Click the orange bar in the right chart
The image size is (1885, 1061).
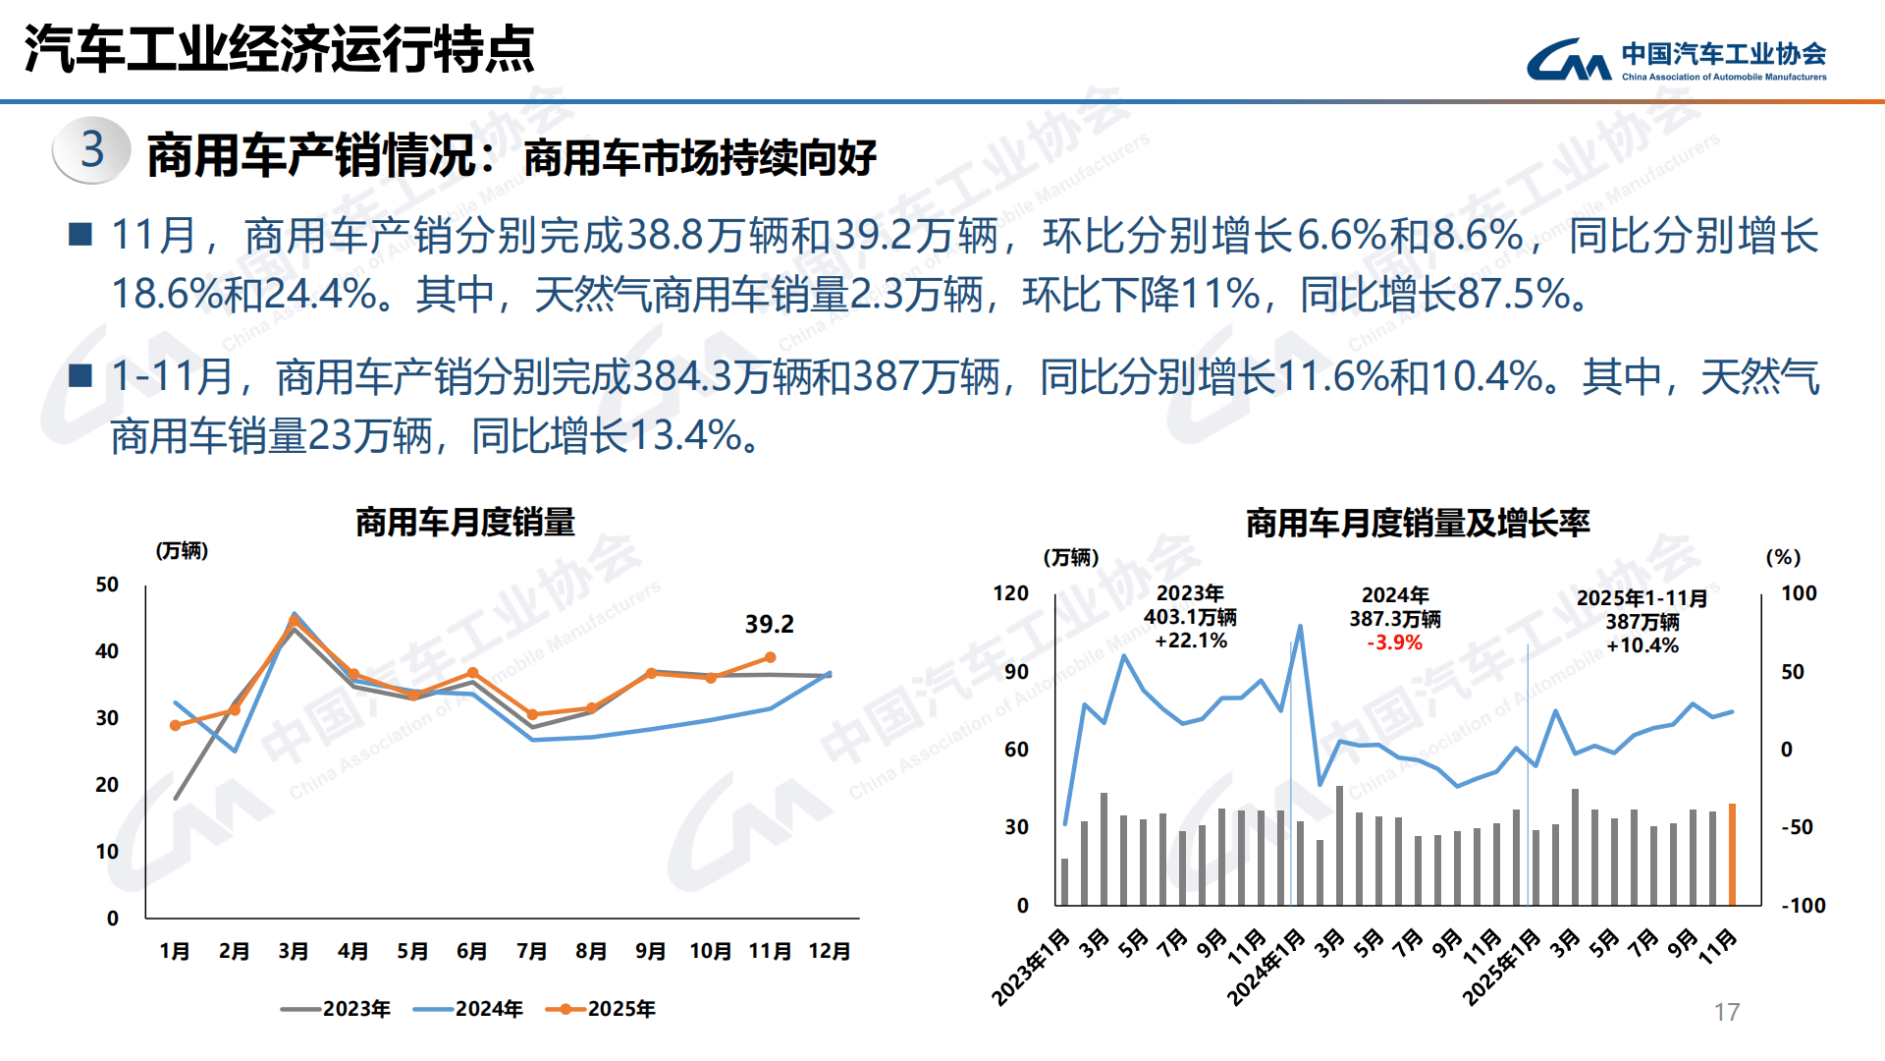click(1732, 854)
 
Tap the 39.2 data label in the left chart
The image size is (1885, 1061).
click(769, 624)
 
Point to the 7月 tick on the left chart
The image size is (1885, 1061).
click(531, 951)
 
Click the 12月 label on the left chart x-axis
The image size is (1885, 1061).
click(829, 951)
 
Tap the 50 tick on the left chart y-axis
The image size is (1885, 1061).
click(107, 585)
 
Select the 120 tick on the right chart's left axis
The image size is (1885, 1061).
click(1010, 593)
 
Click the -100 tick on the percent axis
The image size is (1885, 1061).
click(1804, 906)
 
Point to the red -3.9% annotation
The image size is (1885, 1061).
click(1394, 642)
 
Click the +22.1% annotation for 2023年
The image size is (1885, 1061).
click(1190, 641)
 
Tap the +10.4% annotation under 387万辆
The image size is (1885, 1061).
click(1643, 645)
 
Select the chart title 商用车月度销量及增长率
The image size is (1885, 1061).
click(1417, 524)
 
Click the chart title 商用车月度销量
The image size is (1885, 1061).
click(464, 522)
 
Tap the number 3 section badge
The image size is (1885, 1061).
click(92, 150)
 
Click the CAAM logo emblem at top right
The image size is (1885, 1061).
click(1568, 60)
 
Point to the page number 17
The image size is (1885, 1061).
click(1726, 1012)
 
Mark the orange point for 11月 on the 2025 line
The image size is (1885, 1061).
click(770, 657)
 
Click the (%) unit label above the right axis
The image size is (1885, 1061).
click(1783, 557)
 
